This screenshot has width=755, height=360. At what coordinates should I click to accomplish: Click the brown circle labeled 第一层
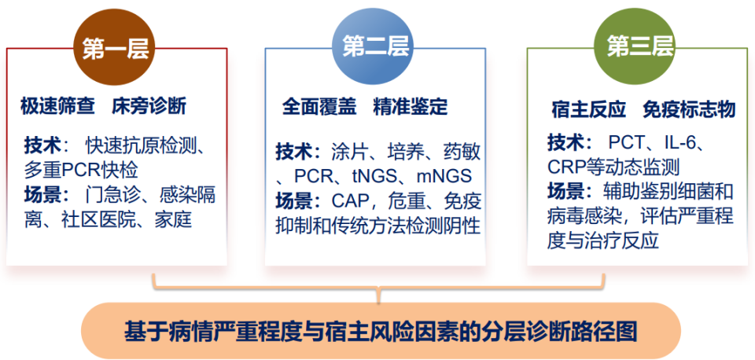(116, 48)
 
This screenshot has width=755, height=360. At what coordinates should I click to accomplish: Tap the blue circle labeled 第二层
(376, 48)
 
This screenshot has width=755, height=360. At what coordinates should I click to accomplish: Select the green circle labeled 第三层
(639, 48)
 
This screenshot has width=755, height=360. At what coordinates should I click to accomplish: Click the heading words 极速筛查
(57, 105)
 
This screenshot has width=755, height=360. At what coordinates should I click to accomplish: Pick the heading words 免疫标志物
(689, 109)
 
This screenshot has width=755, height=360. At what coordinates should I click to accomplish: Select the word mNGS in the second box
(444, 174)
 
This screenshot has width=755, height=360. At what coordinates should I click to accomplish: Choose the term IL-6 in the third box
(690, 143)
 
